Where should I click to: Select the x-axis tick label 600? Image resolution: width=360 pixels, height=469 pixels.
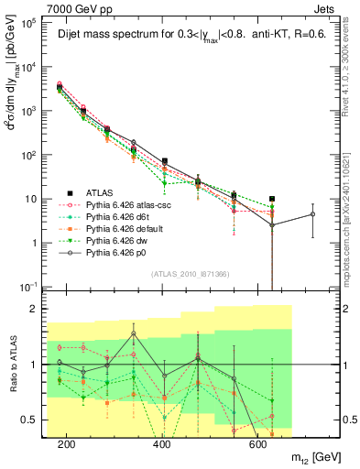tap(257, 444)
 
